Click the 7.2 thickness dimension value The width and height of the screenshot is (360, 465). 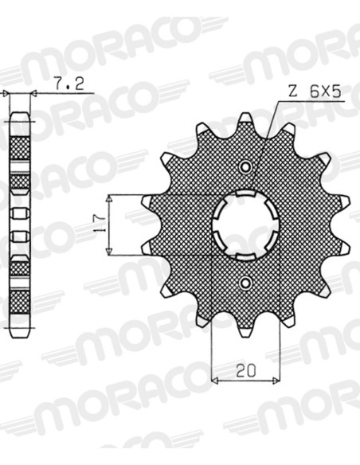69,84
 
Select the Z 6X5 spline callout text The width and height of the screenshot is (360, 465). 315,92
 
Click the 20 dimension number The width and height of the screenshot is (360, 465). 246,370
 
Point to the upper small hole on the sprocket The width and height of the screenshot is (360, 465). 245,167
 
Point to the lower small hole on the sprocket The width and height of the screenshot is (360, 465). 245,283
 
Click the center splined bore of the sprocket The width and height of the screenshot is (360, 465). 245,225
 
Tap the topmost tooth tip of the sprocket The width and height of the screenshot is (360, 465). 245,116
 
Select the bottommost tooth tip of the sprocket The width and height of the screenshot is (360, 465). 245,334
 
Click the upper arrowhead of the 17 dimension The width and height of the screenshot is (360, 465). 110,199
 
